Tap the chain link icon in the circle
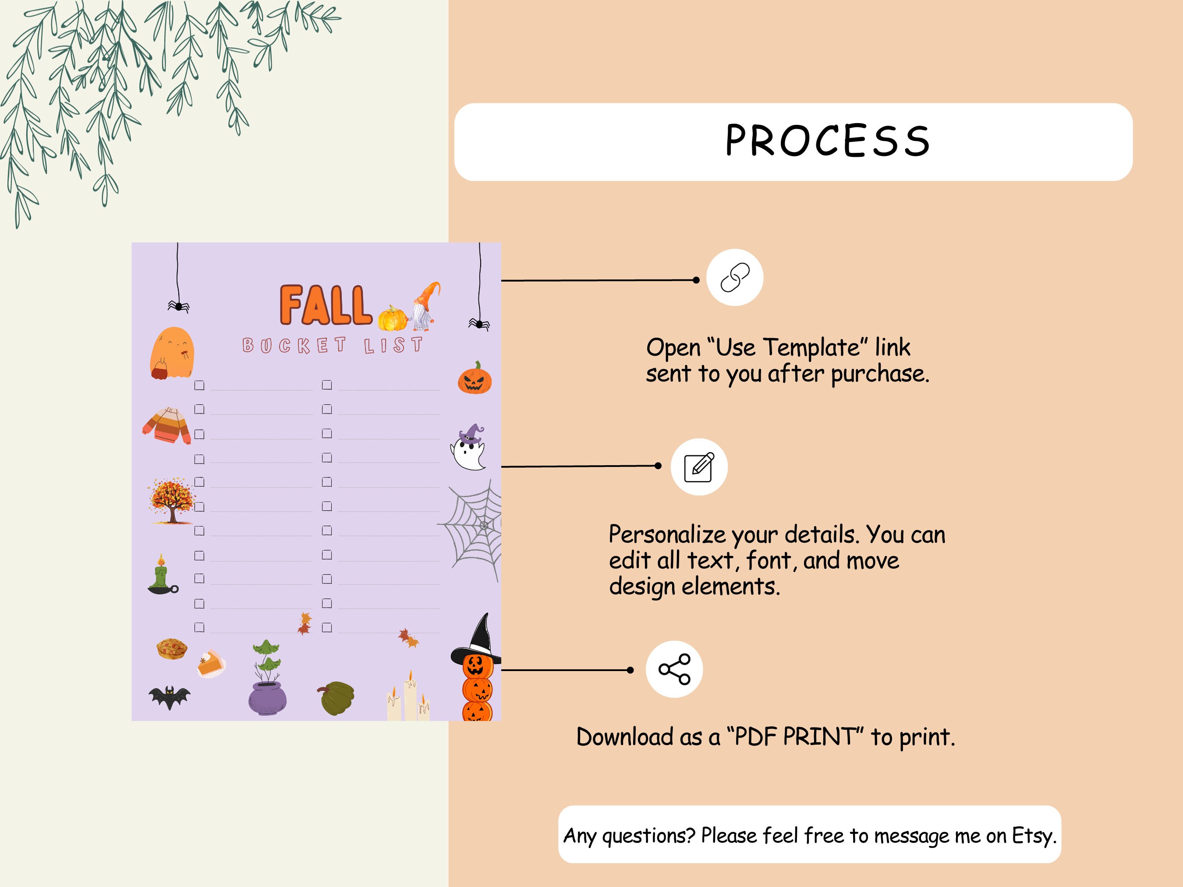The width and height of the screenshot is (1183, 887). [x=734, y=277]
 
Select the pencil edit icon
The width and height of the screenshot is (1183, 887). [x=699, y=467]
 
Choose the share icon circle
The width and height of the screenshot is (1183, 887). [x=674, y=669]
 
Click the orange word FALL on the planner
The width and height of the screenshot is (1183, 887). [x=325, y=305]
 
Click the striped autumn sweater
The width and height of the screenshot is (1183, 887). [x=167, y=426]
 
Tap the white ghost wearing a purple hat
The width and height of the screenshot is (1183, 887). [x=468, y=448]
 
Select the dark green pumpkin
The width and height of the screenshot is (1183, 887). [x=336, y=698]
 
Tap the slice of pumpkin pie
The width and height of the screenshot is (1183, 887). [x=210, y=664]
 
